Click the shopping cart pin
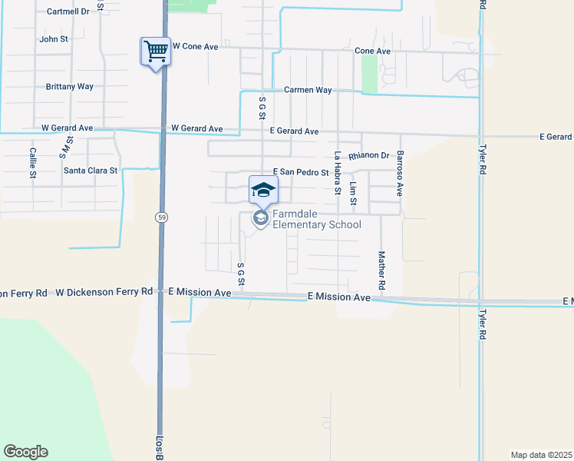tap(156, 52)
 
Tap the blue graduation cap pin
tap(263, 190)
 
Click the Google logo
tap(25, 452)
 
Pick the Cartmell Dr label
tap(68, 12)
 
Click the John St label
tap(54, 39)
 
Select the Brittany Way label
tap(69, 87)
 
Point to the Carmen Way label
tap(308, 90)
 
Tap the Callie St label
tap(33, 163)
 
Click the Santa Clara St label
tap(91, 171)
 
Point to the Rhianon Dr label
tap(368, 156)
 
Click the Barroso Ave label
tap(400, 172)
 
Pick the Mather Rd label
tap(381, 270)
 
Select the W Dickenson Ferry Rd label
tap(104, 292)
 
